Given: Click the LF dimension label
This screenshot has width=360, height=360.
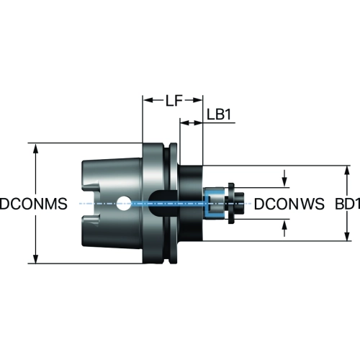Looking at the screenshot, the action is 174,100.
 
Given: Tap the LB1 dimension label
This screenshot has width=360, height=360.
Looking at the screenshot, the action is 219,114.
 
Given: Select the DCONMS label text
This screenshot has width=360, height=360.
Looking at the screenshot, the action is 34,204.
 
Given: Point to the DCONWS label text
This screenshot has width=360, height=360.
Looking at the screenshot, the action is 289,204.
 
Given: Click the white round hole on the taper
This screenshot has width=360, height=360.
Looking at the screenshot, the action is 124,204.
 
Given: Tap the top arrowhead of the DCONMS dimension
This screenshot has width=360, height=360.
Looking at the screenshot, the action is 36,148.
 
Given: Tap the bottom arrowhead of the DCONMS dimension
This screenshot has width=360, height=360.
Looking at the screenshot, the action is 36,258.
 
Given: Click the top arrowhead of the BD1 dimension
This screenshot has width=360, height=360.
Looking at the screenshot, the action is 346,171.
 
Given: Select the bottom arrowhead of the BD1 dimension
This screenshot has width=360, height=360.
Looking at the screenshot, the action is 346,235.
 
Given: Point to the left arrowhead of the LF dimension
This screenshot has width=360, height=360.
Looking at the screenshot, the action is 148,100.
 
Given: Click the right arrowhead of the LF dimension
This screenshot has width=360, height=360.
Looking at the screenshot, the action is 197,100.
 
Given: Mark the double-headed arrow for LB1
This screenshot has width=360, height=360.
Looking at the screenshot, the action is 192,123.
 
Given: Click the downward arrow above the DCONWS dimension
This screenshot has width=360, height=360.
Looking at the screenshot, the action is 284,178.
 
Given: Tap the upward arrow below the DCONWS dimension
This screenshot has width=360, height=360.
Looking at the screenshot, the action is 284,228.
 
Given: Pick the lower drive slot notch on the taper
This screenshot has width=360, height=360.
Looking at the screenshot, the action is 91,220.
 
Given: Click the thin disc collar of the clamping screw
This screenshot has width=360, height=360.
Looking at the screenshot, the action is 231,204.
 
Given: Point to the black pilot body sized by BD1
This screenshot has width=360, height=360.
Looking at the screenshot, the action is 191,203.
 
